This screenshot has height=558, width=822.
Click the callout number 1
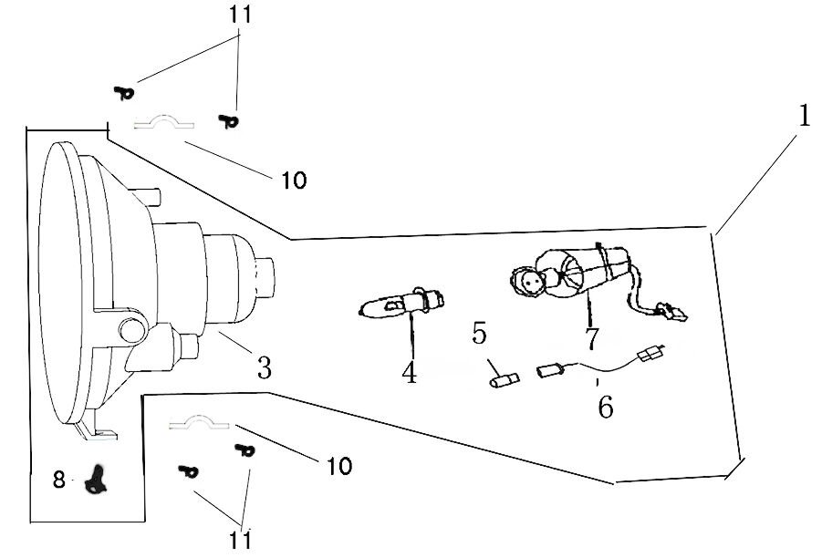[x=804, y=116]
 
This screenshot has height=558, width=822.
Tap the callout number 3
[x=264, y=367]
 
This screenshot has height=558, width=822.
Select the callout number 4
[x=410, y=372]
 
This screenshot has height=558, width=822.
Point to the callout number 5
[x=480, y=334]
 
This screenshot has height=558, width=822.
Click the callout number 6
[x=605, y=407]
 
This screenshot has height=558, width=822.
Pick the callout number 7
[x=592, y=337]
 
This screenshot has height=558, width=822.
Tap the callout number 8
[x=59, y=480]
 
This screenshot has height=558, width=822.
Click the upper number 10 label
[x=294, y=181]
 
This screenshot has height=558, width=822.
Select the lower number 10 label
[x=338, y=467]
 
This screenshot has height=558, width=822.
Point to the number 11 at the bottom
[x=241, y=539]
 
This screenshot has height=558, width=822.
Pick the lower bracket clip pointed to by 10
[x=201, y=422]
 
